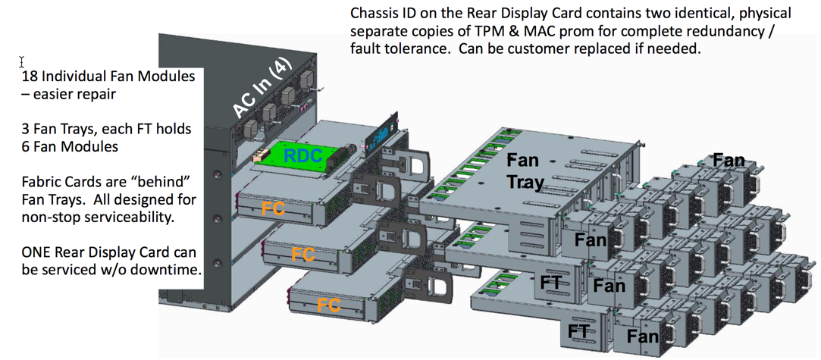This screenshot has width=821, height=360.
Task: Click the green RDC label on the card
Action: (x=302, y=156)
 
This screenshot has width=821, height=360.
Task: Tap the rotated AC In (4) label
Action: (x=261, y=89)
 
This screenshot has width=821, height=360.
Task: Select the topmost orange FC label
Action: (x=273, y=208)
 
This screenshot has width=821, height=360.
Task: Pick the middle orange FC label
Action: (x=302, y=254)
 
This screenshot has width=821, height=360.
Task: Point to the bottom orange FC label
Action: (x=328, y=305)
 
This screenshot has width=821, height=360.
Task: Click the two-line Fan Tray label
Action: (x=523, y=171)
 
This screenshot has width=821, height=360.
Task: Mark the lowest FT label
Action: (x=578, y=331)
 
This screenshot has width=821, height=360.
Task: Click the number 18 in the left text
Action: (x=30, y=77)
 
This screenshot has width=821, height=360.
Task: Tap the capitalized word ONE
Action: (x=37, y=252)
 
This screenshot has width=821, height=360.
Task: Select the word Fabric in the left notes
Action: (x=41, y=183)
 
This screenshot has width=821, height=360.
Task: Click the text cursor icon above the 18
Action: (x=22, y=62)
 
